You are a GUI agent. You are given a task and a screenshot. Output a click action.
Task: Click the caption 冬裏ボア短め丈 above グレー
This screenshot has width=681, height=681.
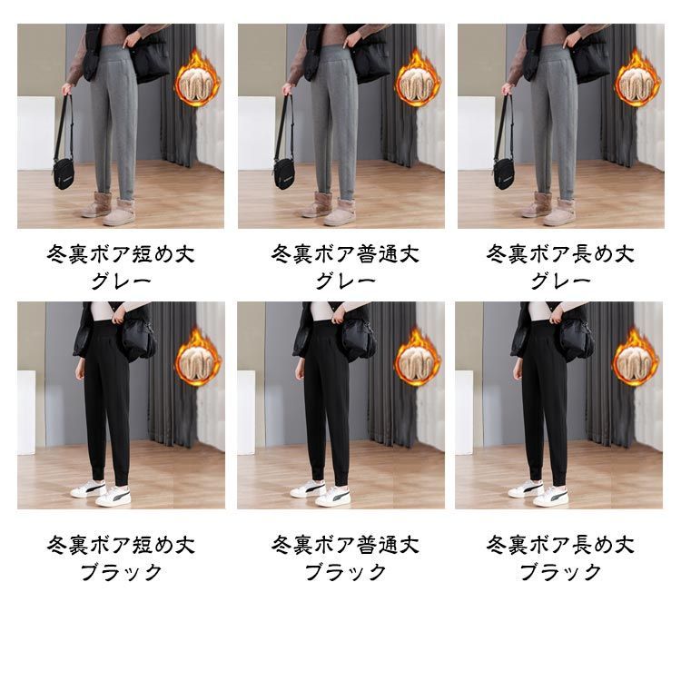click(x=121, y=254)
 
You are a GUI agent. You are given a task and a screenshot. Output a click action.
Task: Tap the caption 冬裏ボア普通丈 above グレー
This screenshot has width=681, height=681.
click(x=345, y=254)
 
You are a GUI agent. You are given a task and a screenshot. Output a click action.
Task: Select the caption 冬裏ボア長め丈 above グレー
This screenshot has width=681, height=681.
click(x=560, y=254)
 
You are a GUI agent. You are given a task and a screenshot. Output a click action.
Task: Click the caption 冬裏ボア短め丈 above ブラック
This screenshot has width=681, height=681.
click(x=121, y=545)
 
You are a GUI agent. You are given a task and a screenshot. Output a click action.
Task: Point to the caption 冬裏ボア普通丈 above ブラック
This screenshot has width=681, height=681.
click(x=345, y=545)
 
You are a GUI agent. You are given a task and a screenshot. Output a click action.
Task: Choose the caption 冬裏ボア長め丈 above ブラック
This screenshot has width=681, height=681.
click(x=560, y=545)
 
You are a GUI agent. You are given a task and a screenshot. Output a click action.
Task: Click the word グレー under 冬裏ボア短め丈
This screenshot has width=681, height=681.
click(x=121, y=281)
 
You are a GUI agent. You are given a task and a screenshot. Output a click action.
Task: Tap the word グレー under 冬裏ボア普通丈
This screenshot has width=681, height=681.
click(x=346, y=281)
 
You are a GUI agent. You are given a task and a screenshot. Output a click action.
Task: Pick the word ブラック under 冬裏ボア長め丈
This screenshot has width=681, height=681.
click(x=561, y=572)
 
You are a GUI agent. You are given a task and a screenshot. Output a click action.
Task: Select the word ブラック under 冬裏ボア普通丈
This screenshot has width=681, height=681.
click(x=346, y=572)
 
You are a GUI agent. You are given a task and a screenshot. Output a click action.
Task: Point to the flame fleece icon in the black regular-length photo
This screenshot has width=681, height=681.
click(x=418, y=358)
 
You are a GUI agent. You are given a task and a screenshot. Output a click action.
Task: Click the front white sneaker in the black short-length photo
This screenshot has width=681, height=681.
click(x=113, y=497)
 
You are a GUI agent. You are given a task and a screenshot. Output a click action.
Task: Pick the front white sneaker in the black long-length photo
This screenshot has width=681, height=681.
click(x=551, y=497)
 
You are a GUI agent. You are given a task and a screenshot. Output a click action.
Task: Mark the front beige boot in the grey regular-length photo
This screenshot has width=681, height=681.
click(x=340, y=212)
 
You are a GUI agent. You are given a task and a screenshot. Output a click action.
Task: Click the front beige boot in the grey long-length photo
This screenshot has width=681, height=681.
click(x=559, y=212)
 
